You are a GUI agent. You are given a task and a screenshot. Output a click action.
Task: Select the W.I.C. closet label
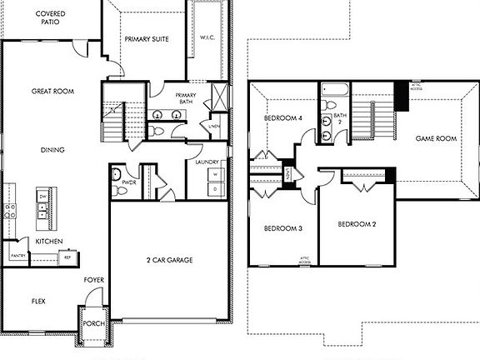208,37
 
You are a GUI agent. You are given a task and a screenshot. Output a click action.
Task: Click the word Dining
53,150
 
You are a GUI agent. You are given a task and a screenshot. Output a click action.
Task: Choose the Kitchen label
47,241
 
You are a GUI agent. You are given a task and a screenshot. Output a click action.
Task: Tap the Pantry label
16,255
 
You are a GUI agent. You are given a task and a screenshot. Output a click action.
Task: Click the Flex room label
38,301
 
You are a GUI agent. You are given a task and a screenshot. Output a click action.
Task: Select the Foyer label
93,279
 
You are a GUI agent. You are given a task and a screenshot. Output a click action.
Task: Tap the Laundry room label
207,162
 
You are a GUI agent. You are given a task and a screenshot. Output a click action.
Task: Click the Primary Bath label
185,99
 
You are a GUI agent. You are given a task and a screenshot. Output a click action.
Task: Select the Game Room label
436,138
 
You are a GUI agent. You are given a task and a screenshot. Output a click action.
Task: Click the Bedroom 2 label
357,224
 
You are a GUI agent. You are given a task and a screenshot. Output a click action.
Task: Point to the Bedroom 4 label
282,118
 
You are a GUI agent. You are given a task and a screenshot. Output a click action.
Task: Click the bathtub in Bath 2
332,91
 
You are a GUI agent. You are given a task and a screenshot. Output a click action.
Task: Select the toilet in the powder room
121,191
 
